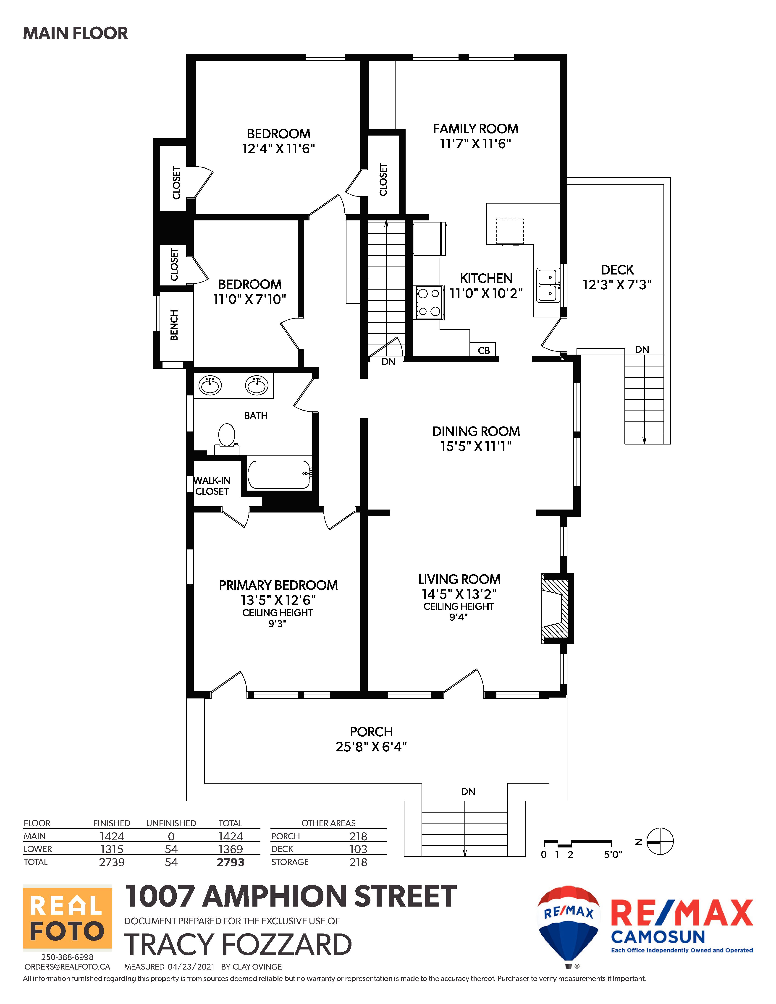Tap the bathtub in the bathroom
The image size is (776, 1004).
[x=280, y=474]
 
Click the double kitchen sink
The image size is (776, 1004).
[x=548, y=286]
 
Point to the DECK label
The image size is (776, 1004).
[x=617, y=270]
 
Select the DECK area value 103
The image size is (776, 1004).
[x=358, y=849]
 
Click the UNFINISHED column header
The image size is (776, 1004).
[x=171, y=823]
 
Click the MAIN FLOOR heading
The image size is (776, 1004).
[x=75, y=33]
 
